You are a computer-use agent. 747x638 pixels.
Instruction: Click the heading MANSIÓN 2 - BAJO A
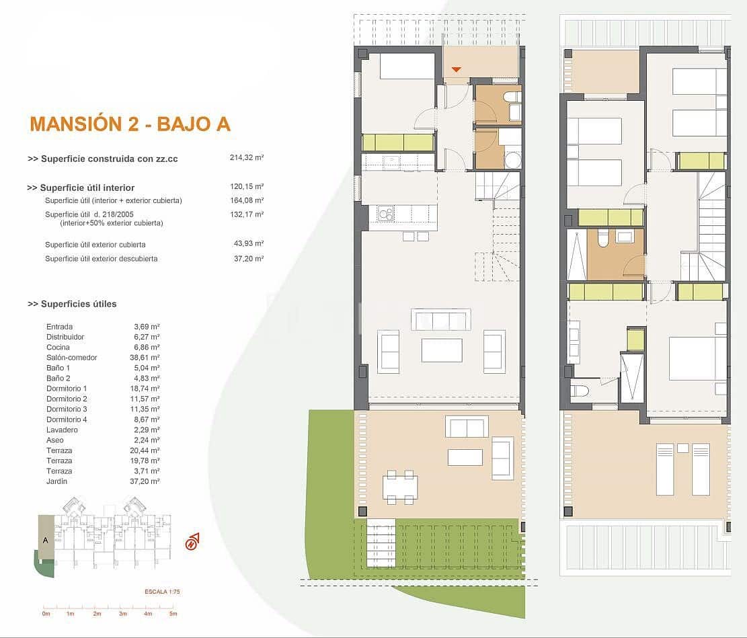[x=130, y=124]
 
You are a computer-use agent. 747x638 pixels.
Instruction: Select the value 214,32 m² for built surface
[x=246, y=158]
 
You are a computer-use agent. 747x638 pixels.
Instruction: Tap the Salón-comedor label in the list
[x=71, y=358]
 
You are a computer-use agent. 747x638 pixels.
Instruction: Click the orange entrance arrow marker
[x=457, y=69]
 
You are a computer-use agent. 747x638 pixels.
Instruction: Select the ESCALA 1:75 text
[x=162, y=592]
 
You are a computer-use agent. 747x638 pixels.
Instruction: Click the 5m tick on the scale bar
[x=173, y=613]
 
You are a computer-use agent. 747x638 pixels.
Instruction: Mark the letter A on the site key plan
[x=45, y=539]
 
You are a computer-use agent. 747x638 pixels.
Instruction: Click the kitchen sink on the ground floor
[x=386, y=214]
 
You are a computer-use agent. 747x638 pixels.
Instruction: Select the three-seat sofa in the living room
[x=440, y=320]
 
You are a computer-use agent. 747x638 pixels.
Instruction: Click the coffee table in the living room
[x=441, y=350]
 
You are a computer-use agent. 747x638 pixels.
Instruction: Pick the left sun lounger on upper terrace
[x=664, y=469]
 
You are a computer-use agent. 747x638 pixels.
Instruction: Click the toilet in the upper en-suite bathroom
[x=579, y=391]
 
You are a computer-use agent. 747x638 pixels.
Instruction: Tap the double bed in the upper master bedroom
[x=697, y=358]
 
